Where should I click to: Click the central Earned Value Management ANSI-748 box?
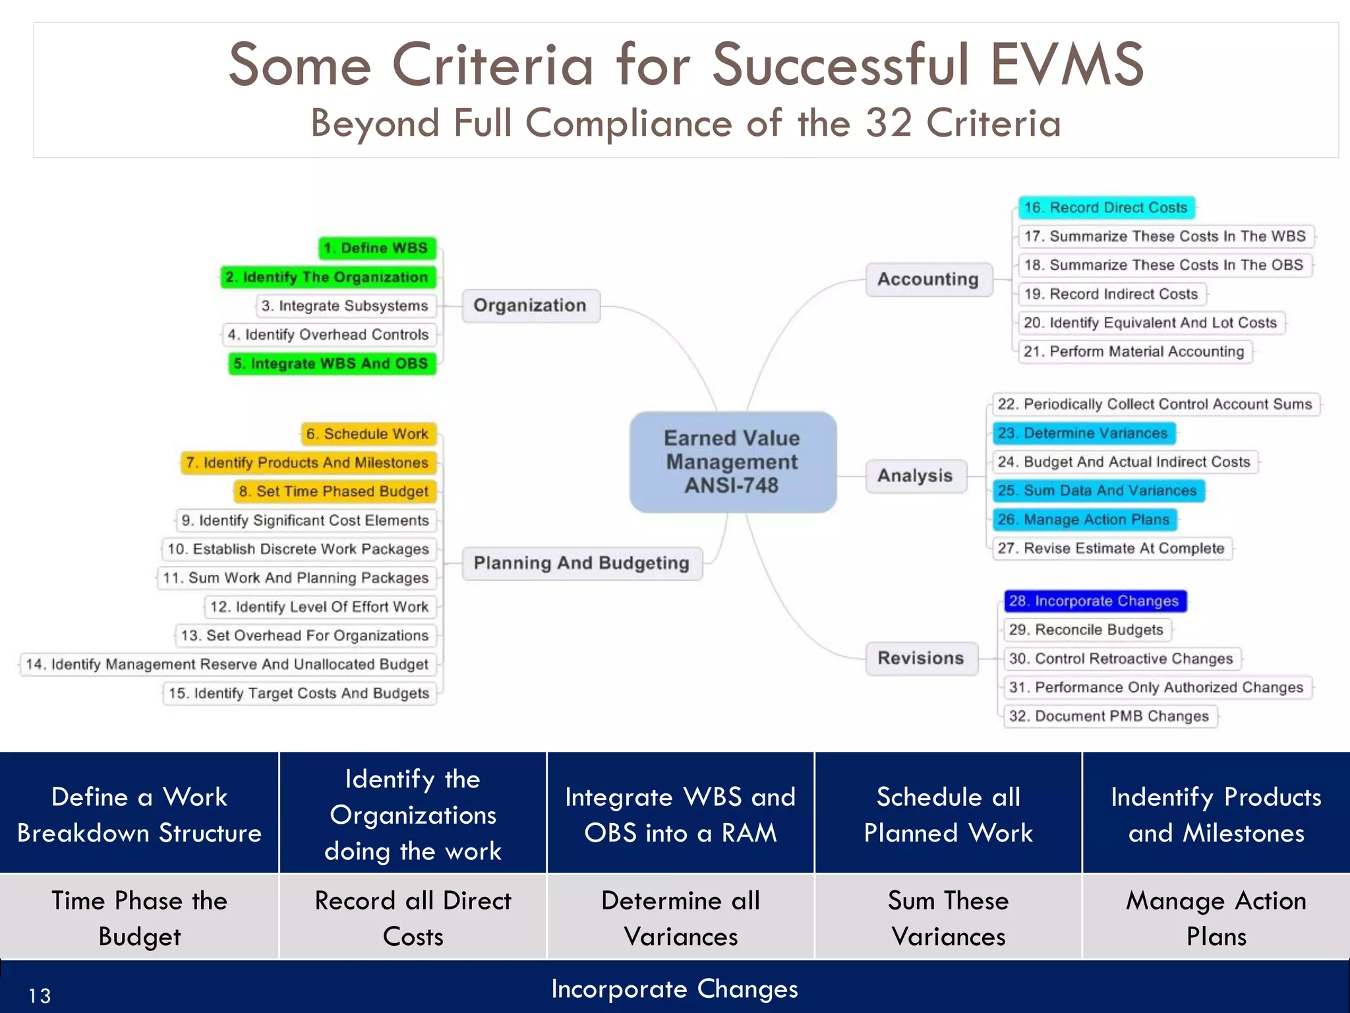coord(732,462)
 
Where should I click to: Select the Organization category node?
coord(531,305)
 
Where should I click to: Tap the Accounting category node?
coord(928,280)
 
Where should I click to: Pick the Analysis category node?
coord(916,476)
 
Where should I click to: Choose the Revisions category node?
coord(921,658)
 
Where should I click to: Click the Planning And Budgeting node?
coord(581,563)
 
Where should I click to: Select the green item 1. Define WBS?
coord(377,248)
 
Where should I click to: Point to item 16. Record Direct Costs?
coord(1106,208)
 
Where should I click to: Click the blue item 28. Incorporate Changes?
coord(1094,601)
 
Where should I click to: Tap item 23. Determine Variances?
coord(1084,433)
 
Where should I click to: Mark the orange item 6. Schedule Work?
coord(368,434)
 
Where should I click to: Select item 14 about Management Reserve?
coord(227,664)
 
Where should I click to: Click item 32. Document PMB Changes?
coord(1109,716)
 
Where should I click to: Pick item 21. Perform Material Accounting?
coord(1134,352)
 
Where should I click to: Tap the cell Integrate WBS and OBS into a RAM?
coord(680,814)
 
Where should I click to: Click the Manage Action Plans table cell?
coord(1216,918)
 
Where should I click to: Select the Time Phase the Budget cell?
coord(139,918)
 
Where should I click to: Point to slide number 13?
coord(40,995)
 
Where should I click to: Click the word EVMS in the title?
coord(1067,65)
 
